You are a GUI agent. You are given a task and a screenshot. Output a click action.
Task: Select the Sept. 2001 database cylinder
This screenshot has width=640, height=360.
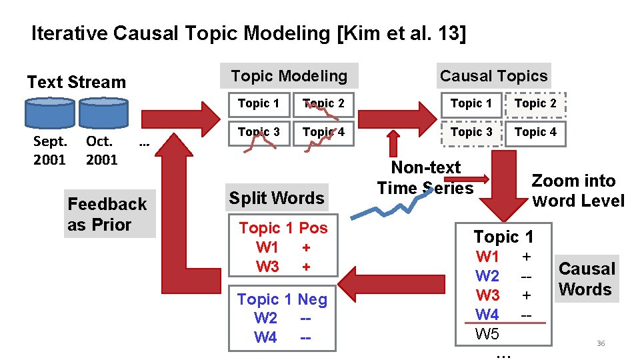[x=49, y=113]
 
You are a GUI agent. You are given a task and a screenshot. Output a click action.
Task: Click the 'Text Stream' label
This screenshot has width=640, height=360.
[x=76, y=82]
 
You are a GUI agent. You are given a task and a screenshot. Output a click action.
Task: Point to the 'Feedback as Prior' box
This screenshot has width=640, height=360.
[x=107, y=214]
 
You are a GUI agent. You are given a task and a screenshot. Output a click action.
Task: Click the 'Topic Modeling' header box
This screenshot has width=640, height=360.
[x=289, y=76]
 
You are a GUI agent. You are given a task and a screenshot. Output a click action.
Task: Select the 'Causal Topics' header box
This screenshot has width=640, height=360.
[x=493, y=76]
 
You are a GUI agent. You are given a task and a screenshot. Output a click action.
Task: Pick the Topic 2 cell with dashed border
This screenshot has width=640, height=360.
[x=535, y=103]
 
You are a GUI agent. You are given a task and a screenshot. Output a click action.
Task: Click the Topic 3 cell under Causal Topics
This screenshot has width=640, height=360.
[x=471, y=132]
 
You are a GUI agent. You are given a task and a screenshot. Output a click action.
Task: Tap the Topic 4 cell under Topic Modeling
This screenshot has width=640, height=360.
[x=323, y=132]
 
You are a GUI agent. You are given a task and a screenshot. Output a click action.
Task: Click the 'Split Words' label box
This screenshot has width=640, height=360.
[x=277, y=198]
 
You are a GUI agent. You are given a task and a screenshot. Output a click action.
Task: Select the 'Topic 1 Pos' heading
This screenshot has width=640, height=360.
[x=283, y=228]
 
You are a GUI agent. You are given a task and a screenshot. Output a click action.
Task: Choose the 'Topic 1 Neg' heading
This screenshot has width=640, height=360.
[x=282, y=299]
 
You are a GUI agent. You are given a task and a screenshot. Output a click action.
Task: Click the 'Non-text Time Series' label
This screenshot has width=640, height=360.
[x=425, y=177]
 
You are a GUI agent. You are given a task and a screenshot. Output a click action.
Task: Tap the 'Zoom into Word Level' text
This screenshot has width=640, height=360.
[x=577, y=191]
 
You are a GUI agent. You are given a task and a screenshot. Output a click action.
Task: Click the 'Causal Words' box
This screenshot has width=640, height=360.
[x=585, y=279]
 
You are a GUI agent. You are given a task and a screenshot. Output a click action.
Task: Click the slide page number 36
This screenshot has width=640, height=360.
[x=601, y=343]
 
